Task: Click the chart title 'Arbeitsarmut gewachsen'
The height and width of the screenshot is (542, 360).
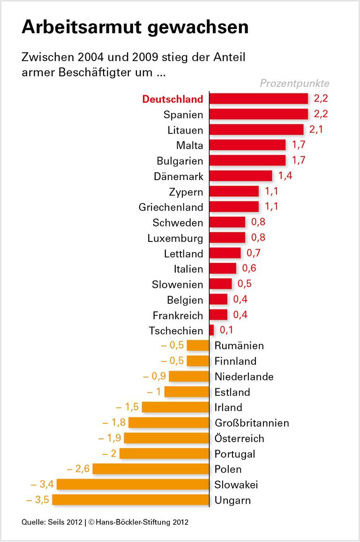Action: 135,27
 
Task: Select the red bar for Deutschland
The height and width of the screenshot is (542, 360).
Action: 258,99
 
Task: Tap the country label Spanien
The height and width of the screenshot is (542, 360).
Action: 183,114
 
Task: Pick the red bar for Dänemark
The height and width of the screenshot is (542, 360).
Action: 240,176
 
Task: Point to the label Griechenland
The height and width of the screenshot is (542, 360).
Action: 171,207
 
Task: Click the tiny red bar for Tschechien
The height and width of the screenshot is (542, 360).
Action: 212,331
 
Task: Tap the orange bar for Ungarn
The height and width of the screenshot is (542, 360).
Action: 131,500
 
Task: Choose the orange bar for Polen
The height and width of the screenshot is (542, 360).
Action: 151,469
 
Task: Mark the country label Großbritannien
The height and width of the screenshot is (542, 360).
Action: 252,423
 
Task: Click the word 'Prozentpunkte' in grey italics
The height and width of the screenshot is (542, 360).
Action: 295,83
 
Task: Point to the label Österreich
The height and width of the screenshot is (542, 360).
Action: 239,438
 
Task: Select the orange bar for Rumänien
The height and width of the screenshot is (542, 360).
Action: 198,346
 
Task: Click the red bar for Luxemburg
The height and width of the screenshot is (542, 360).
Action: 227,238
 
